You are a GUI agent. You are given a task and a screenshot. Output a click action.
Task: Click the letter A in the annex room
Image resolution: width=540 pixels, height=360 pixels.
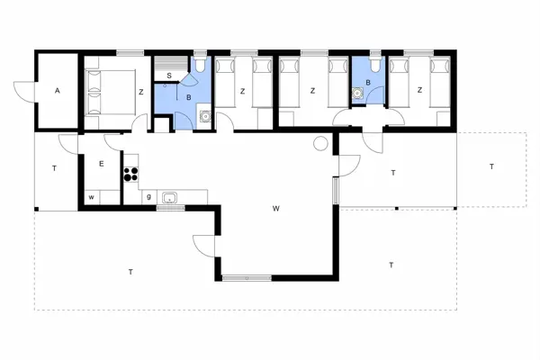pos(57,91)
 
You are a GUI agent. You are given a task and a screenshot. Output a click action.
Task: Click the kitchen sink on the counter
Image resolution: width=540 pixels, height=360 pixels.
pos(169,197)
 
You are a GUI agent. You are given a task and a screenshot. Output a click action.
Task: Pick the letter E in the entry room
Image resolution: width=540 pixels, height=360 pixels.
pos(102,164)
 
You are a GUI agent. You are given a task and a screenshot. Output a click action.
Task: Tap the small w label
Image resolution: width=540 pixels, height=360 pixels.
pos(91,196)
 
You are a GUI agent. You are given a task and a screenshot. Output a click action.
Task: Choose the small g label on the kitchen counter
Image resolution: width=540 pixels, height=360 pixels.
pos(148,196)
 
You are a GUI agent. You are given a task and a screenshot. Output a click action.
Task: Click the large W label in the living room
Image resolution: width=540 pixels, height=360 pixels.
pos(276,209)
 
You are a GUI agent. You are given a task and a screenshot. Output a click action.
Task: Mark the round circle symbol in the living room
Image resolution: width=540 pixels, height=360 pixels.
pos(319,144)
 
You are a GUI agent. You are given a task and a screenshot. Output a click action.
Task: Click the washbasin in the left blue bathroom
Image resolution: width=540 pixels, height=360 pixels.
pos(206,115)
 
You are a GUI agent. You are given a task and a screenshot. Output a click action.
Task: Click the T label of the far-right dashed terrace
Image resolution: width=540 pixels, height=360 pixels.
pos(491,166)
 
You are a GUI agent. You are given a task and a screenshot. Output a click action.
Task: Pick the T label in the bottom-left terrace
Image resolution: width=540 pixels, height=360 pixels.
pos(130,271)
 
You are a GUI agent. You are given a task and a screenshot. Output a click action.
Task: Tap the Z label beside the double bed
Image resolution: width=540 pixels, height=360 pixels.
pos(141,91)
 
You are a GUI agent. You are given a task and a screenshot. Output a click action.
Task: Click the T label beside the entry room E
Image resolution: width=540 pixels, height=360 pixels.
pos(54,168)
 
